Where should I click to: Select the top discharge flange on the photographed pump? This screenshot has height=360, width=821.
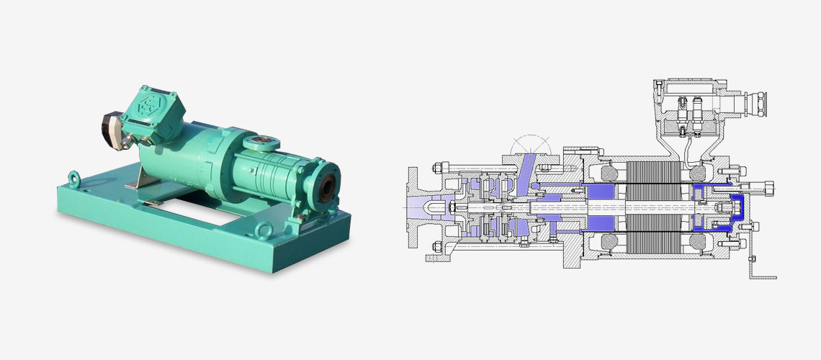pos(259,143)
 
